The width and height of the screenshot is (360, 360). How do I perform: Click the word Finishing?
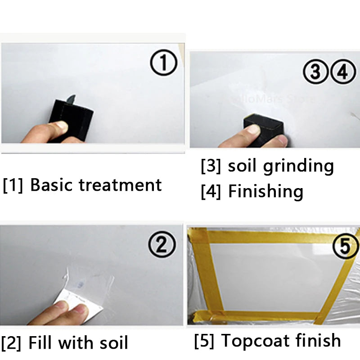tap(265, 192)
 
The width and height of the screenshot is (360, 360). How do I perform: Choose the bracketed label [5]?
tap(204, 341)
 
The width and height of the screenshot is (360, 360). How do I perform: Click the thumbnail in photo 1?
tap(58, 127)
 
